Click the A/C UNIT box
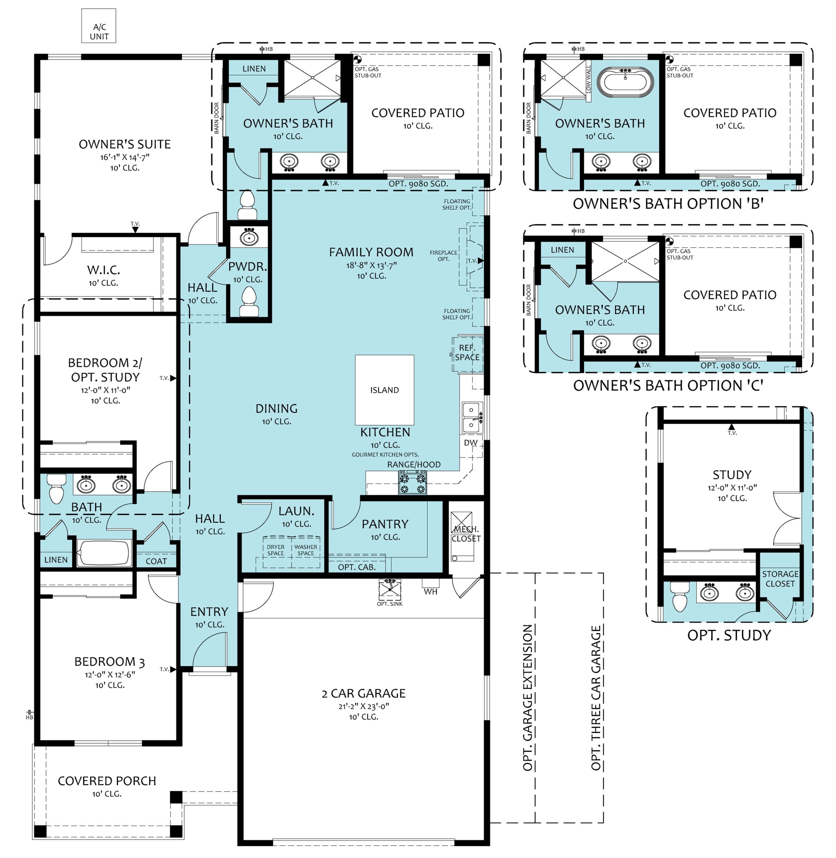[x=99, y=26]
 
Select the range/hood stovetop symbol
[x=412, y=483]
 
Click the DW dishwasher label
[x=471, y=443]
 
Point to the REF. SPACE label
[x=467, y=353]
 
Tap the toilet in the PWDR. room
[x=249, y=301]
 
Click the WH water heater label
[x=430, y=592]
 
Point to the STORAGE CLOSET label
[x=780, y=579]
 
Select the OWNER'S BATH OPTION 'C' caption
[x=668, y=385]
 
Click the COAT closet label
[x=156, y=561]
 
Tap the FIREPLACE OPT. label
[x=444, y=255]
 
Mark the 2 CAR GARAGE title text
[x=364, y=693]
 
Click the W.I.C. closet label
[x=104, y=269]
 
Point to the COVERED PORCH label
[x=107, y=781]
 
